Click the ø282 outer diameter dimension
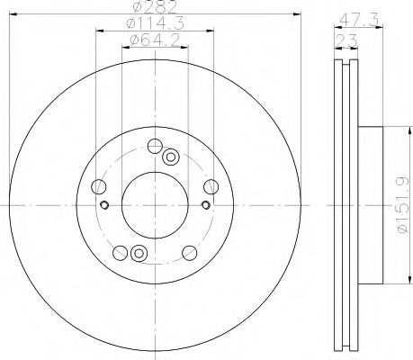coord(154,11)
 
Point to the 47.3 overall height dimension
coord(355,17)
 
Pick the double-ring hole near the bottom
coord(138,253)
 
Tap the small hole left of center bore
coord(105,205)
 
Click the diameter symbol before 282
coord(136,11)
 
